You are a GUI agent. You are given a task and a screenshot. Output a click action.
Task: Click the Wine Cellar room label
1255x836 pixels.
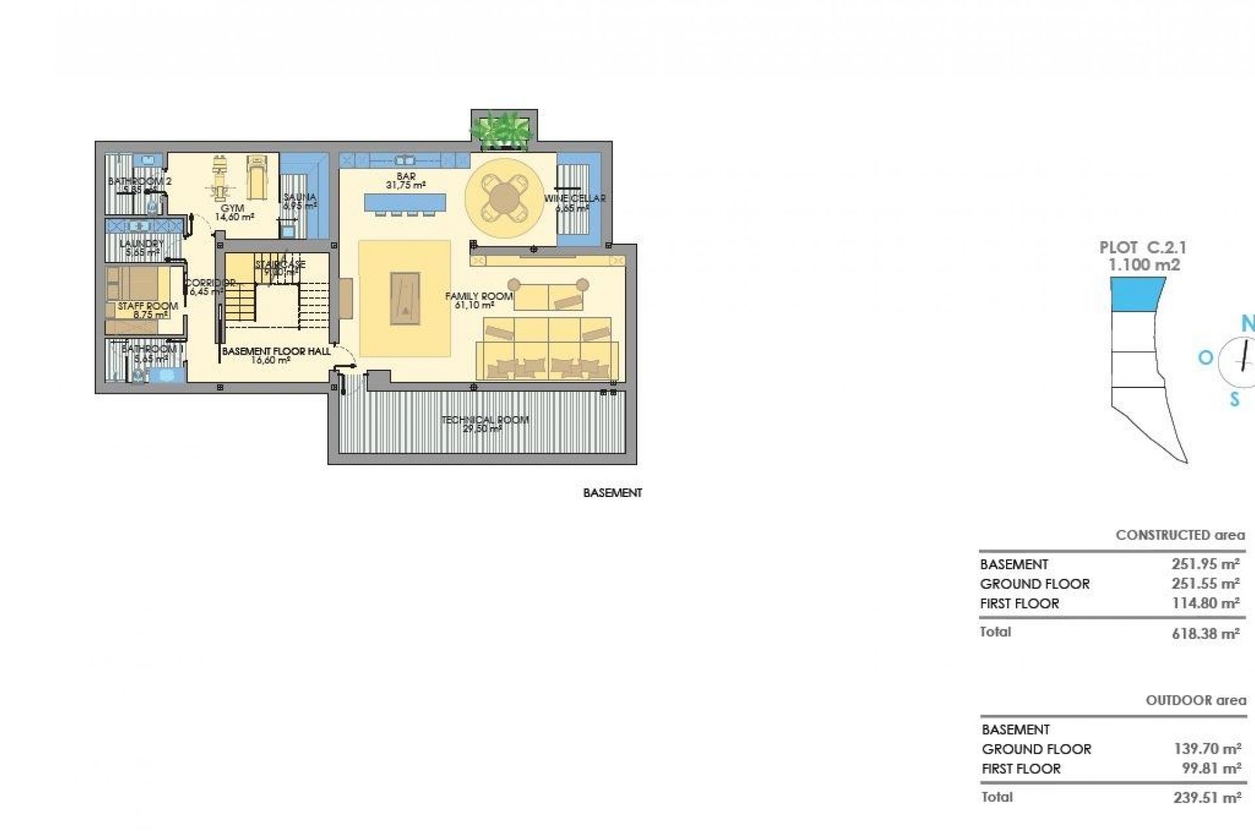575,199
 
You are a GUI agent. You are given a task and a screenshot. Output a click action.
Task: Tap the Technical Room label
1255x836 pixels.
484,420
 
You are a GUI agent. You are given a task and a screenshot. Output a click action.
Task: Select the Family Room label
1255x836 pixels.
478,297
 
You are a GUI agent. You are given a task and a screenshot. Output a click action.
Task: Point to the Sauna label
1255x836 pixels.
300,197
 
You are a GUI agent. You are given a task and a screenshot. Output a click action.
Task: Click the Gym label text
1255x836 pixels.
233,208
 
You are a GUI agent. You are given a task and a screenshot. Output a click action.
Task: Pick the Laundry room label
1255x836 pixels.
142,244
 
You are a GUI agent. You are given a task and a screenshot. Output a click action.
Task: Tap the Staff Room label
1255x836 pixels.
148,306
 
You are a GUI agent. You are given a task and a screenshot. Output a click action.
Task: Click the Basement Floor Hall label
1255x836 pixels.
276,351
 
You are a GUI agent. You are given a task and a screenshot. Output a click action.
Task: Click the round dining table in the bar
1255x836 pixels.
504,197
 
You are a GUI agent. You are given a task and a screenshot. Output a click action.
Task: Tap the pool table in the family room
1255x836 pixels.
405,298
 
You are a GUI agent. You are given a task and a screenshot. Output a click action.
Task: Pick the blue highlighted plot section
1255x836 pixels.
1137,293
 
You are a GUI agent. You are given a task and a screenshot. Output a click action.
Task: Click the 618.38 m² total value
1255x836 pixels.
1205,633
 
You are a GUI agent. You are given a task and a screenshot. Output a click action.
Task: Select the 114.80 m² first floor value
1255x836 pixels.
1205,603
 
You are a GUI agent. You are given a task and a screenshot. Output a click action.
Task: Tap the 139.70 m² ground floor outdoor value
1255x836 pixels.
1207,749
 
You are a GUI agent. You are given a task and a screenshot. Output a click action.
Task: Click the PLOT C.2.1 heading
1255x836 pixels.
1143,248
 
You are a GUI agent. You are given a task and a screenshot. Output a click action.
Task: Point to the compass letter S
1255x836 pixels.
1234,399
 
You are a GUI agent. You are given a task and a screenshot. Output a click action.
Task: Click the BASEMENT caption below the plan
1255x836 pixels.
612,493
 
